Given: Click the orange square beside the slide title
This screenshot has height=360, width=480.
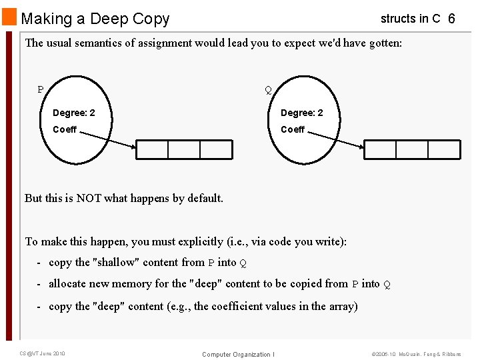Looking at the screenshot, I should pos(9,17).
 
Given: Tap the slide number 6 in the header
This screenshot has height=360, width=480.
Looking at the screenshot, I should pos(451,19).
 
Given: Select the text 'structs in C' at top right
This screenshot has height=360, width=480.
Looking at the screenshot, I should pos(410,19).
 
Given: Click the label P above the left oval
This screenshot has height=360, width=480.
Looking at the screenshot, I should pos(41,89).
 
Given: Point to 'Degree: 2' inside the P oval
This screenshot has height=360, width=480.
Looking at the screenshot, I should pos(74,113).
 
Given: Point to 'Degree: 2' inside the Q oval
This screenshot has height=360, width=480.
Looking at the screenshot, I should pos(301,113).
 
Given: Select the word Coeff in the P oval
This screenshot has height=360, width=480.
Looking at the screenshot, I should pos(65,129).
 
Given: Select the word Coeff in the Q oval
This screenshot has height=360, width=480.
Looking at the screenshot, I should pos(293,129).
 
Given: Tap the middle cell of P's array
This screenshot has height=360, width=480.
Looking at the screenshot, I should pos(184,149).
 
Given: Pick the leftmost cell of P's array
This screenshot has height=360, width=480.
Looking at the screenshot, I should pos(152,149).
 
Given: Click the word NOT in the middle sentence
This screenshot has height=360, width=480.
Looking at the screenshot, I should pos(90,198).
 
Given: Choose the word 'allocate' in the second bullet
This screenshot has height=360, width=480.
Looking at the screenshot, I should pos(69,284).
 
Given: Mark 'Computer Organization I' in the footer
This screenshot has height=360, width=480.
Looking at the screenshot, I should pos(238,354).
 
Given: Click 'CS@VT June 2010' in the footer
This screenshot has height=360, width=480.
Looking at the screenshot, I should pos(41,353).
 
